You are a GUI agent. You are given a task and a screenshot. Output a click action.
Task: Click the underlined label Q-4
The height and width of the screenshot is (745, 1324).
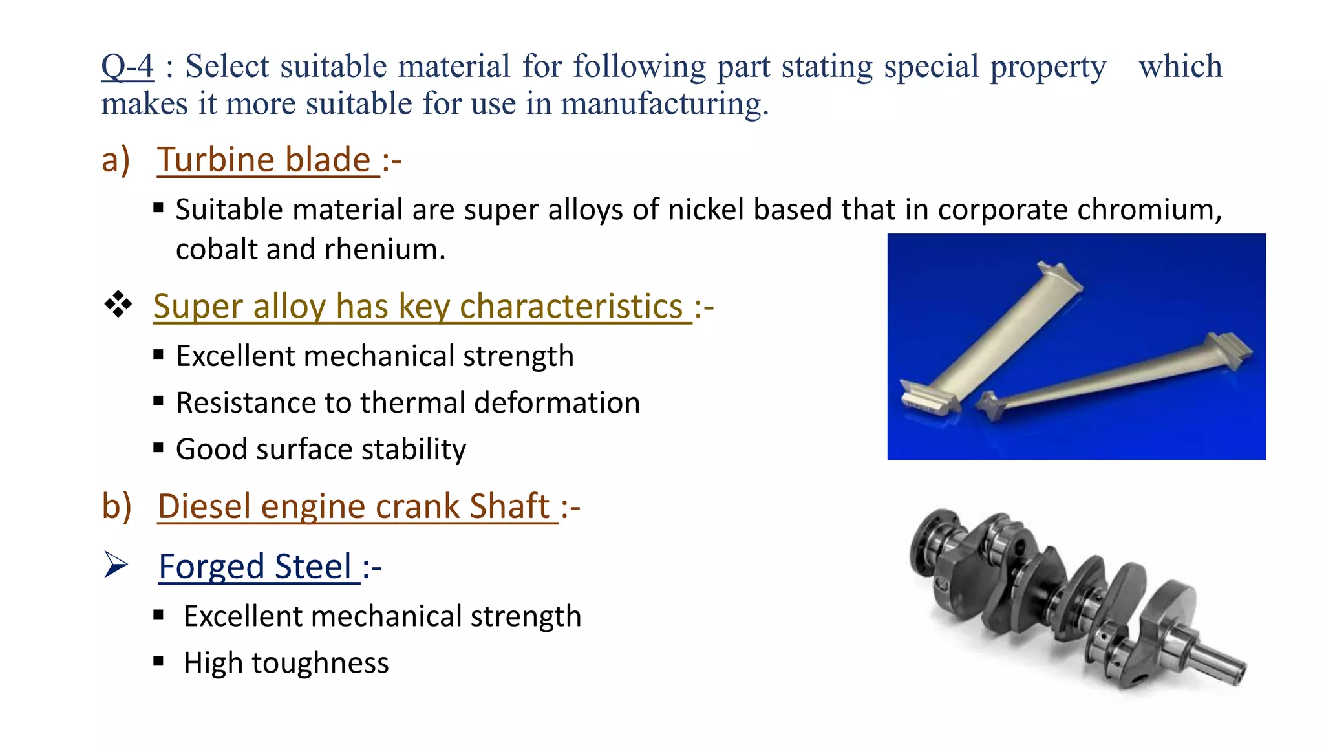coord(127,66)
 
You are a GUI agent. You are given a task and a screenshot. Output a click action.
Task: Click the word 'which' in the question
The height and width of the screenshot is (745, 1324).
coord(1180,66)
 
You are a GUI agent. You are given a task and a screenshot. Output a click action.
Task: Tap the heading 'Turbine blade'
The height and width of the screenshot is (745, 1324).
coord(264,160)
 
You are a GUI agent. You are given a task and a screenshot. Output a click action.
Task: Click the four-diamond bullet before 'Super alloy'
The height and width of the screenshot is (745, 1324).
coord(118,304)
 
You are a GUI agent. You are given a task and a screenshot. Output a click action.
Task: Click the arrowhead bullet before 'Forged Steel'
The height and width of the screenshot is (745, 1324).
coord(116,565)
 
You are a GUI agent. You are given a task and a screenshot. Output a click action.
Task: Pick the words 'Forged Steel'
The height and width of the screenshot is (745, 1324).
coord(255,567)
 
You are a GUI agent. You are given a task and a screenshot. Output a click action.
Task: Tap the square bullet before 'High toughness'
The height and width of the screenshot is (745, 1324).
coord(158,661)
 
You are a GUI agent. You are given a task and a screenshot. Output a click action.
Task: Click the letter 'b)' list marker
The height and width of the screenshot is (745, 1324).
coord(116,506)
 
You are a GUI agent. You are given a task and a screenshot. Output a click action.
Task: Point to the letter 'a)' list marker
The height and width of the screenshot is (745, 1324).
coord(116,160)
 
